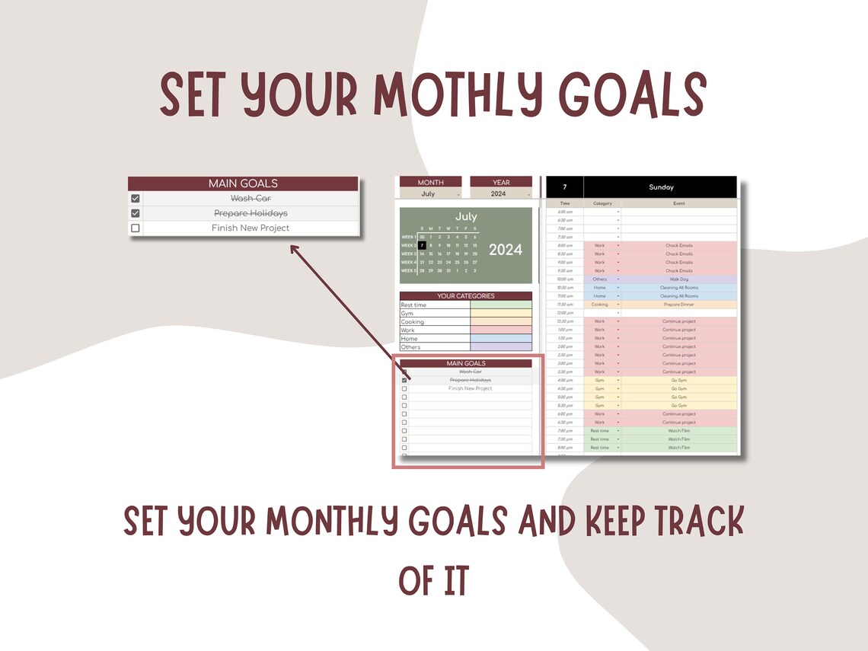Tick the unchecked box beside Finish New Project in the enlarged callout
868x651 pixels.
tap(136, 228)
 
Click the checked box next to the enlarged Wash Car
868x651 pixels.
tap(136, 199)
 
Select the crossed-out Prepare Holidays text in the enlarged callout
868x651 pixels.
tap(251, 213)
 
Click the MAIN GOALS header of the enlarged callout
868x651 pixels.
tap(243, 183)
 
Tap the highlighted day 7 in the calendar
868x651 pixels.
tap(422, 245)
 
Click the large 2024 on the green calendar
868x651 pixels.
tap(506, 250)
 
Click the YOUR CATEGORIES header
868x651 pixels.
tap(465, 295)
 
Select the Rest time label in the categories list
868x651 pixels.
tap(414, 305)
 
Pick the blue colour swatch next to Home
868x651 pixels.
tap(501, 338)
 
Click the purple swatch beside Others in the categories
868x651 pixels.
tap(501, 346)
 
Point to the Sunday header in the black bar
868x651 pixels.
tap(661, 187)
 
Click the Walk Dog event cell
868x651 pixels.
tap(678, 279)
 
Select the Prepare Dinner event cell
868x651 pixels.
tap(678, 305)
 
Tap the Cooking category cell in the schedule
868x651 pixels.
tap(600, 305)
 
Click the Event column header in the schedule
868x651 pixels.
tap(678, 203)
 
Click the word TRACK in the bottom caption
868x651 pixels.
tap(693, 522)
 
